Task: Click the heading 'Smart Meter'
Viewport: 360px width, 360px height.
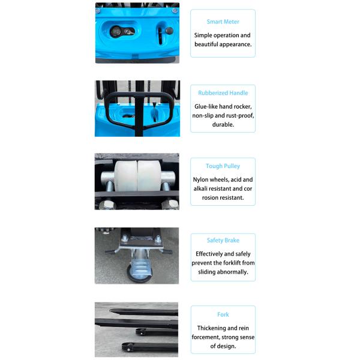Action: (223, 22)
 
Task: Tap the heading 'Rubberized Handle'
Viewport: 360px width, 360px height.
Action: (223, 93)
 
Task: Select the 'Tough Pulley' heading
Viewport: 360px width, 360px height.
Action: (223, 166)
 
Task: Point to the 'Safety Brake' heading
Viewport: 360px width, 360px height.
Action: (223, 241)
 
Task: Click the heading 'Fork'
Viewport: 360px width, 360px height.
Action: (223, 314)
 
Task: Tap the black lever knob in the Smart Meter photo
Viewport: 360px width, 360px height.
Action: (169, 31)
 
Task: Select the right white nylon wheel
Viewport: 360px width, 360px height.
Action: (148, 178)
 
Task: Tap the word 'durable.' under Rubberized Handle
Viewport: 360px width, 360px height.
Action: (223, 125)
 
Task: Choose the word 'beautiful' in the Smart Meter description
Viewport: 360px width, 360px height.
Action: (209, 44)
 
